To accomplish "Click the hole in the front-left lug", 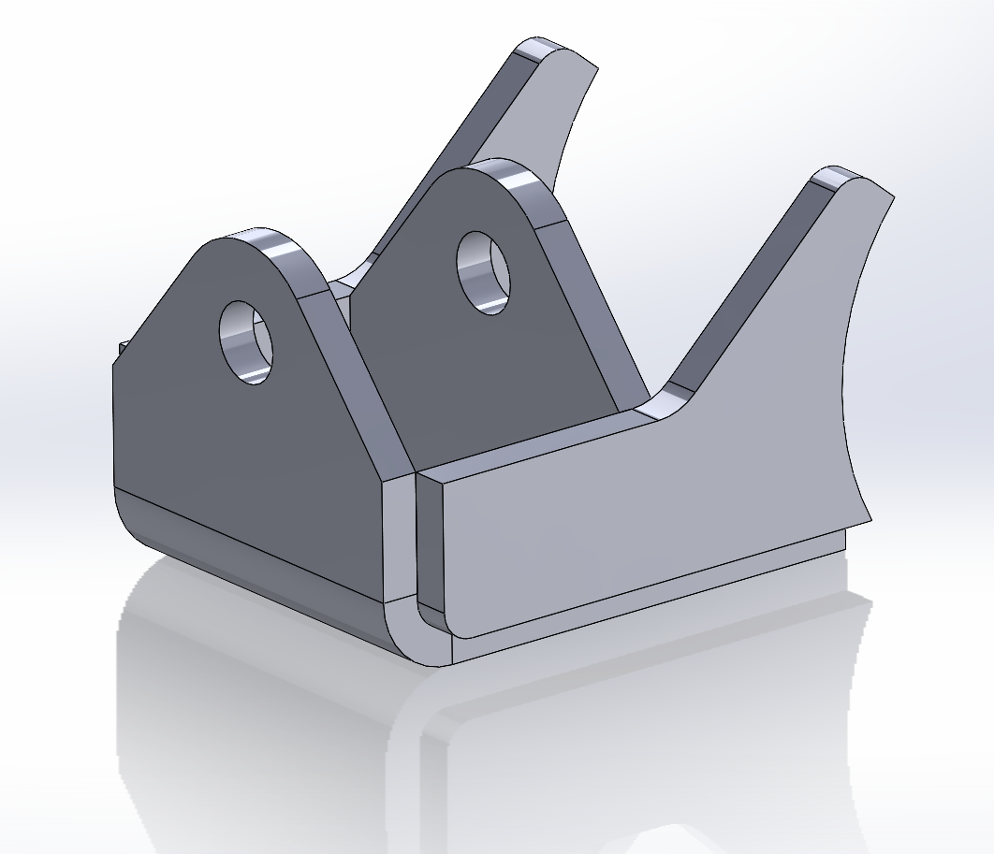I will point(245,341).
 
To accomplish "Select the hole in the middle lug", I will point(483,271).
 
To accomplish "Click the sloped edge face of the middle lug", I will point(590,309).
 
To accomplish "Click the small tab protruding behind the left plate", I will point(121,349).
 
